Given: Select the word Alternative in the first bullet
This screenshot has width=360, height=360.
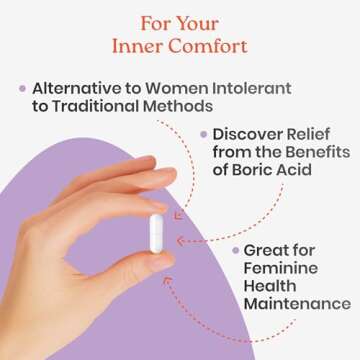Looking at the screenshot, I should point(81,87).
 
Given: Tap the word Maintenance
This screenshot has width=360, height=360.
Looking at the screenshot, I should point(297,304).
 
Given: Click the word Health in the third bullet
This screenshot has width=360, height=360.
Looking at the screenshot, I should point(270,286).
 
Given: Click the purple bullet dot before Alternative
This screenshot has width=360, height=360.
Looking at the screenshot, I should point(22,88).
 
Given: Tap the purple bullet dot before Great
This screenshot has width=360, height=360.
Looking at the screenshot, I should point(234,249).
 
